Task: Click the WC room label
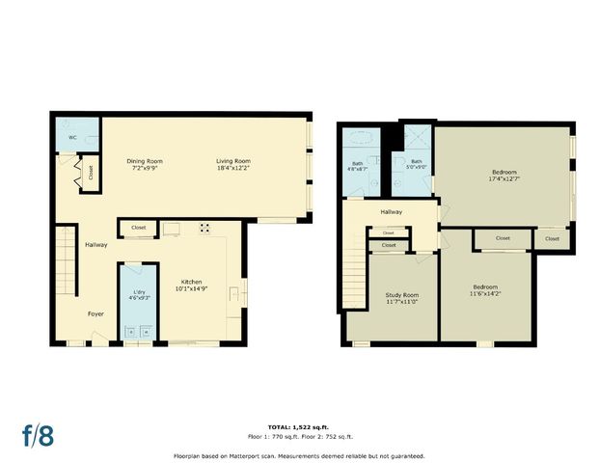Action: [72, 138]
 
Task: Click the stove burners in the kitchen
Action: [204, 229]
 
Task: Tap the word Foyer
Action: [96, 313]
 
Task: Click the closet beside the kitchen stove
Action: [138, 229]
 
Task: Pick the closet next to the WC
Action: [91, 174]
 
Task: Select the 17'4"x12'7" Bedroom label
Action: [504, 176]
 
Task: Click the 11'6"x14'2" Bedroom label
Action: [484, 289]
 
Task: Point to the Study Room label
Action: [392, 298]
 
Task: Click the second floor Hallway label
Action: [391, 211]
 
